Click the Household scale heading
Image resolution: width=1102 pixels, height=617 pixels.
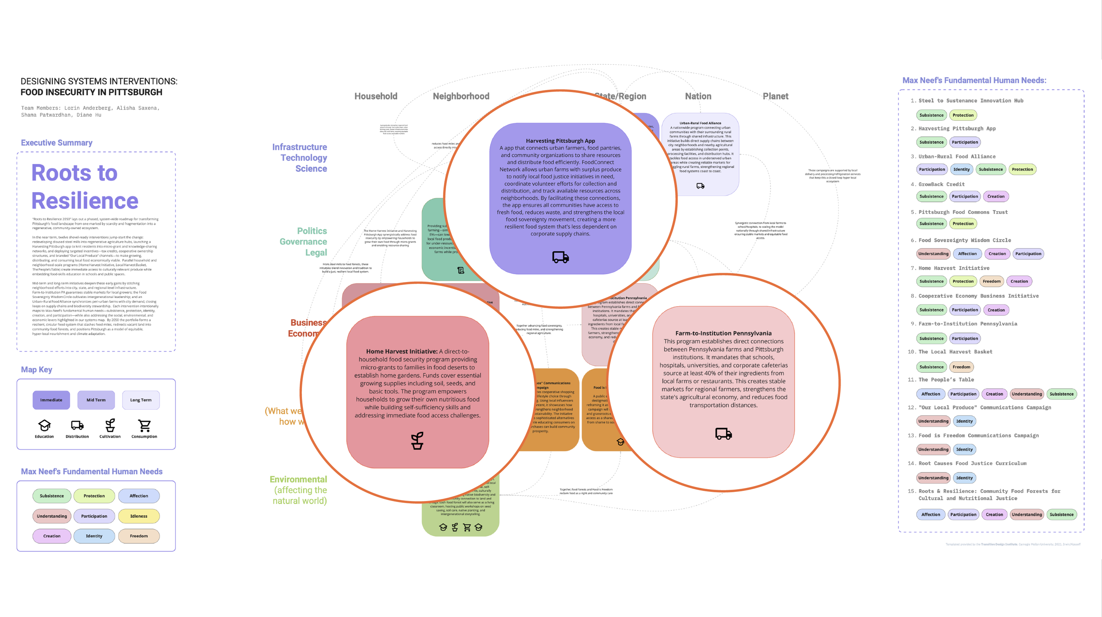(376, 96)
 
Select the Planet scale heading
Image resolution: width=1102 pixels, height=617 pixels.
(775, 96)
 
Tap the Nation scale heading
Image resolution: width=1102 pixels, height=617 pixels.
(698, 96)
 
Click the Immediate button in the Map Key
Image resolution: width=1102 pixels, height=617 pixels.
(51, 400)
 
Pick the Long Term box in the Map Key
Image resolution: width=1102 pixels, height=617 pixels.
(141, 400)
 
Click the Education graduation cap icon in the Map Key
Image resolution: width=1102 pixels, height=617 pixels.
(44, 425)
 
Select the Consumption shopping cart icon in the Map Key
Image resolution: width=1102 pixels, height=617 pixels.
(144, 425)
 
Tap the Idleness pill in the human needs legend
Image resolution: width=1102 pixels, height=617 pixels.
(138, 516)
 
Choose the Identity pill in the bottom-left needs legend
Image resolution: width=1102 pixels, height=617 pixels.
(94, 536)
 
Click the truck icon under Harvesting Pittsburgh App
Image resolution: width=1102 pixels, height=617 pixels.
(560, 257)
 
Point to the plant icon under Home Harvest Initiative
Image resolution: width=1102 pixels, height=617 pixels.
(417, 440)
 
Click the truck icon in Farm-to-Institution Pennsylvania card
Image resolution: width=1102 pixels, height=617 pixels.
(723, 434)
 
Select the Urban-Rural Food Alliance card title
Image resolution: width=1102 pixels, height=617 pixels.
(700, 123)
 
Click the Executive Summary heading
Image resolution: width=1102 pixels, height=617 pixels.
(56, 143)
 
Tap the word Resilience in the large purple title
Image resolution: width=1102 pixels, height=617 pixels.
(85, 201)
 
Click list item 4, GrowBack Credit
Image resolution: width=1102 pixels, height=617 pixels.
(941, 184)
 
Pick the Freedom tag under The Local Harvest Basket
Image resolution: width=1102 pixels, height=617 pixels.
(961, 367)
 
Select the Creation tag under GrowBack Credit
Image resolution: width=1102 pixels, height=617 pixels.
(996, 196)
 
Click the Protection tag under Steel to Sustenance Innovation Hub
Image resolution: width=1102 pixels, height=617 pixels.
(963, 115)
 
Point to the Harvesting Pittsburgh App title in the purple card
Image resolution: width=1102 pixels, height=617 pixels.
(560, 141)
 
